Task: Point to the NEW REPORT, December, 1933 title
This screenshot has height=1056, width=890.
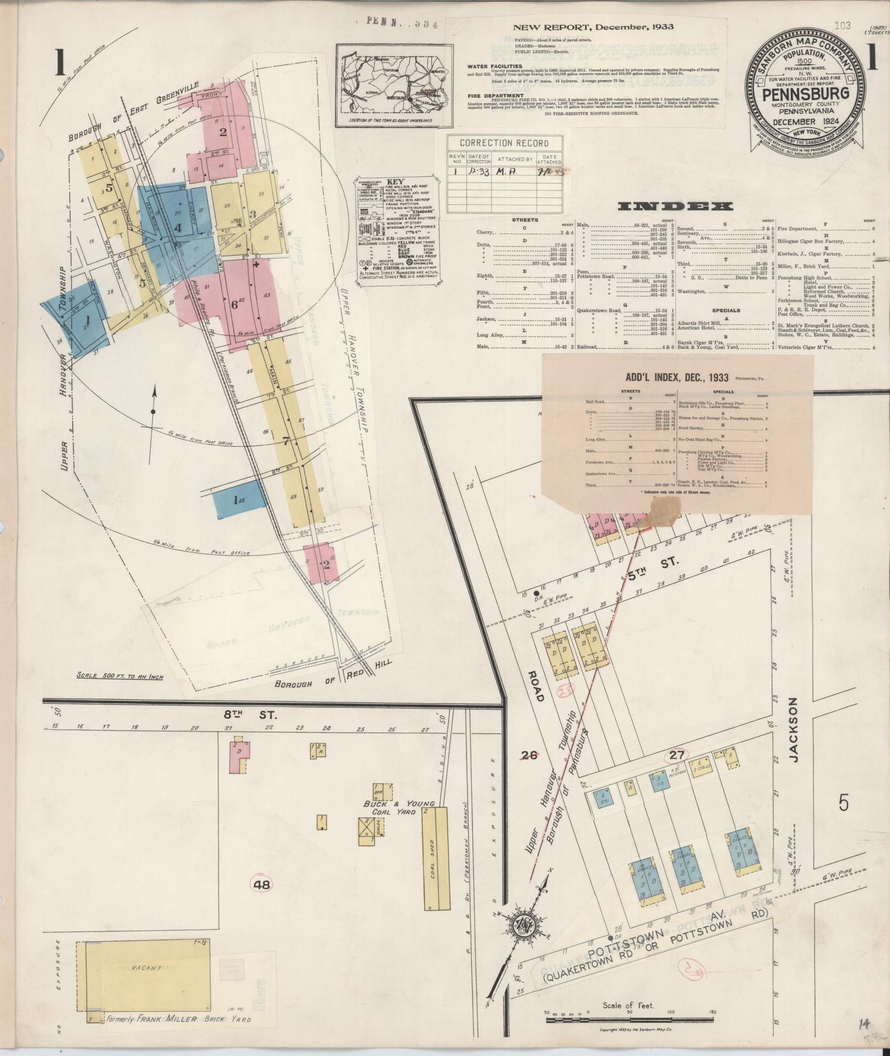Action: point(593,27)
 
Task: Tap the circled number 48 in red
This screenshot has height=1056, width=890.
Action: point(262,884)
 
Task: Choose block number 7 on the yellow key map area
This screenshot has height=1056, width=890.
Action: point(285,441)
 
